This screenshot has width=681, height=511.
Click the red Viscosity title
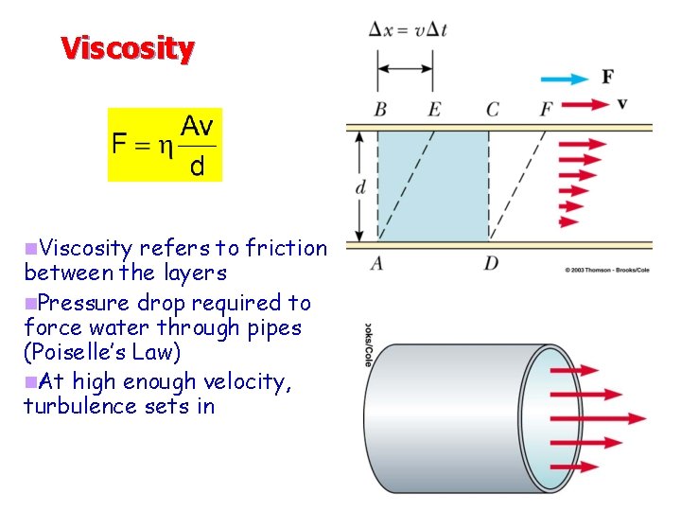pyautogui.click(x=128, y=47)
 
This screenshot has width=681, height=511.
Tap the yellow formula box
pyautogui.click(x=165, y=144)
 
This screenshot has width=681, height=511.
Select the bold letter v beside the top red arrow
pyautogui.click(x=621, y=102)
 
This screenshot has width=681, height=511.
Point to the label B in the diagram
pyautogui.click(x=379, y=111)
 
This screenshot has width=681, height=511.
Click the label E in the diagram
pyautogui.click(x=434, y=111)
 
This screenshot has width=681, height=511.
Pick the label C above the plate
pyautogui.click(x=492, y=111)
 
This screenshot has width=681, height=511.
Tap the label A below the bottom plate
pyautogui.click(x=377, y=262)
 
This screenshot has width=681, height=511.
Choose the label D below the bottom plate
pyautogui.click(x=491, y=262)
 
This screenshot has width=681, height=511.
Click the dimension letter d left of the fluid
pyautogui.click(x=360, y=186)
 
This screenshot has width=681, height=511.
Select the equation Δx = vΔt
pyautogui.click(x=408, y=29)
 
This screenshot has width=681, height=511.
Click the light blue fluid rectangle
pyautogui.click(x=433, y=185)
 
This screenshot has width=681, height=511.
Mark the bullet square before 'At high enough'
pyautogui.click(x=30, y=381)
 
